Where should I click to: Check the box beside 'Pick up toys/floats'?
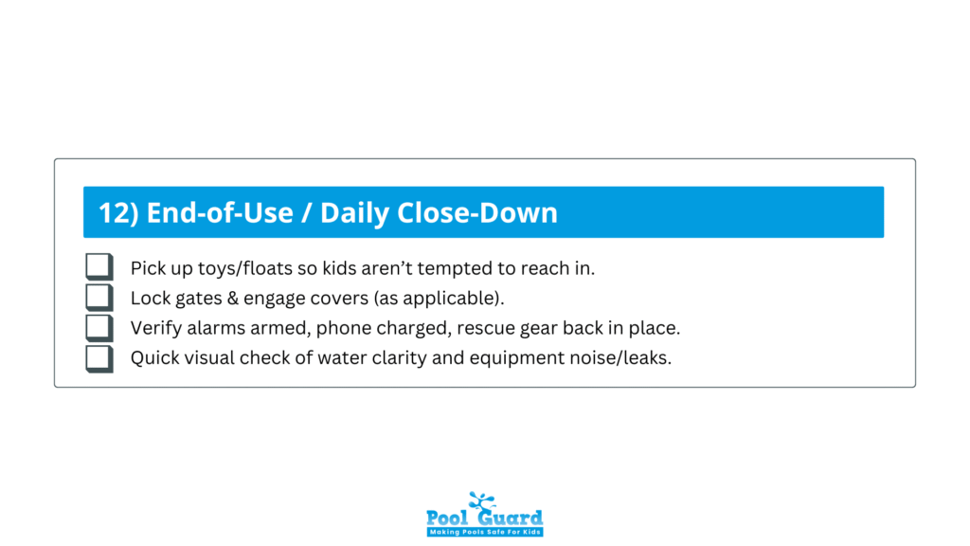(x=99, y=267)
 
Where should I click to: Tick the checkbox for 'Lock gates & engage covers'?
(x=99, y=298)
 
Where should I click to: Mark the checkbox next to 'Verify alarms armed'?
(x=99, y=328)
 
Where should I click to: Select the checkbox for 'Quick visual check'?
(x=99, y=358)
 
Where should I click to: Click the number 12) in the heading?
(x=118, y=212)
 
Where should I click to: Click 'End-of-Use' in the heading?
(x=219, y=212)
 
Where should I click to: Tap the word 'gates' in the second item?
(x=195, y=299)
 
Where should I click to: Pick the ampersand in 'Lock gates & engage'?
(x=230, y=299)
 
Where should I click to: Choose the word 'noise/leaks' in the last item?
(x=623, y=359)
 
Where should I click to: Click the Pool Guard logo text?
(x=484, y=517)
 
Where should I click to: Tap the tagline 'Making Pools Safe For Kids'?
(x=484, y=533)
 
